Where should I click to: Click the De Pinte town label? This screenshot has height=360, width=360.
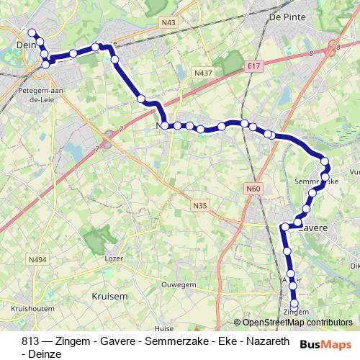pos(282,17)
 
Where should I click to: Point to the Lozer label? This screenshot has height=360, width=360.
pos(113,258)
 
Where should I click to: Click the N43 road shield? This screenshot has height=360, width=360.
pos(169,22)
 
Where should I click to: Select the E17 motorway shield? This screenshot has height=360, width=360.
pos(252,66)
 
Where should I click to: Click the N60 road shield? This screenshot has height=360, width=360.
pos(252,189)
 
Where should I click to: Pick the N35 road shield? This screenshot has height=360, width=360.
pos(199,206)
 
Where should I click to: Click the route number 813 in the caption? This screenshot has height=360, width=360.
pos(30,341)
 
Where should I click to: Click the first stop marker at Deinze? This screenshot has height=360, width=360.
pos(31,32)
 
